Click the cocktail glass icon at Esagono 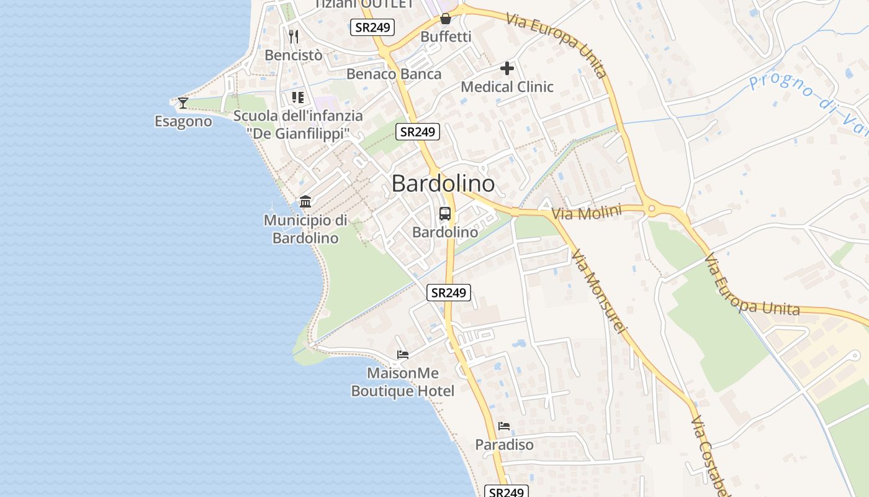point(183,103)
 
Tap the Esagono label point(183,121)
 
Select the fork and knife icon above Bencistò point(294,37)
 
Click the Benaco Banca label point(394,74)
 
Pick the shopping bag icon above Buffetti point(446,19)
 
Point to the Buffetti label point(446,37)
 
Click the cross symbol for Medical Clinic point(507,68)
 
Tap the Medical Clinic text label point(507,86)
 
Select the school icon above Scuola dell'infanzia point(298,98)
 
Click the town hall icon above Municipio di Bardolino point(305,202)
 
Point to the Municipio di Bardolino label point(305,229)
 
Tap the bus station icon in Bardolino point(445,214)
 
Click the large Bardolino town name point(443,184)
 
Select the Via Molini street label point(586,213)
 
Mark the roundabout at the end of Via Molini point(651,209)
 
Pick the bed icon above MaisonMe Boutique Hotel point(403,355)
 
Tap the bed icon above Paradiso point(504,426)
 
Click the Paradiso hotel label point(504,445)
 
